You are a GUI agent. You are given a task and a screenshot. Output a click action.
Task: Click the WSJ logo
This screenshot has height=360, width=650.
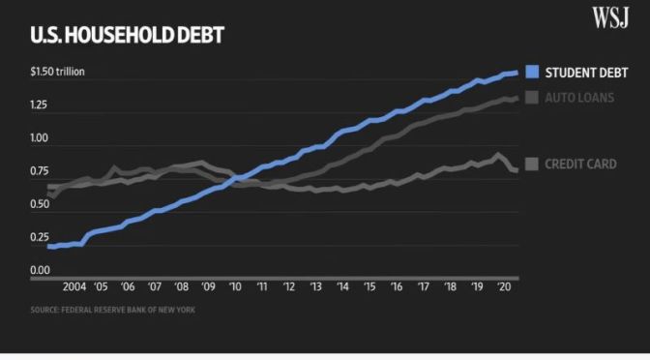[612, 16]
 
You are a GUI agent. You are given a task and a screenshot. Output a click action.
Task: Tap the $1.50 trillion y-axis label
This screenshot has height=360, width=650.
[58, 73]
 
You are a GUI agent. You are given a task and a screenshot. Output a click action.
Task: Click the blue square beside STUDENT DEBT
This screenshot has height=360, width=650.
[531, 73]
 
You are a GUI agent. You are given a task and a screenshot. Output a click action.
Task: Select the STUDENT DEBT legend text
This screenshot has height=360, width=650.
[586, 73]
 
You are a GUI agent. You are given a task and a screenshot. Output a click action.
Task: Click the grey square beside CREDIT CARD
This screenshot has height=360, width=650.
[531, 164]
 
